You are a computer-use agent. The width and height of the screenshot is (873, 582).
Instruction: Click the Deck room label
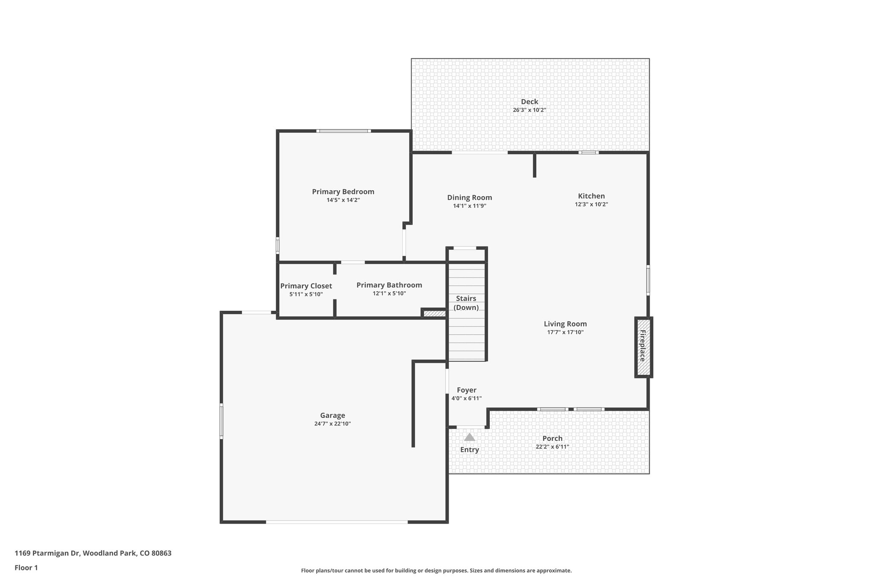(x=529, y=101)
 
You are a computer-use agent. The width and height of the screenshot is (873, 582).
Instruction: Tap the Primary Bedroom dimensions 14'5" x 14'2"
(x=343, y=200)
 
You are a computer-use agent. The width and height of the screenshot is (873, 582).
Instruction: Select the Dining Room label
(x=469, y=197)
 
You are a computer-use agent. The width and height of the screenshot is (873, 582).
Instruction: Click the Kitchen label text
(x=591, y=196)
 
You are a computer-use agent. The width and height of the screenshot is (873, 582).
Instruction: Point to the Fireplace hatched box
(x=643, y=347)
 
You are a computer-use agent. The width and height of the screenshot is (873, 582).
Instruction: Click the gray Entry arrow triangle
(x=469, y=437)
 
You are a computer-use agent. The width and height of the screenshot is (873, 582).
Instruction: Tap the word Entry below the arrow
(x=469, y=450)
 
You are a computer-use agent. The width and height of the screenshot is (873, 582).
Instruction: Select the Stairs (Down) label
(x=466, y=303)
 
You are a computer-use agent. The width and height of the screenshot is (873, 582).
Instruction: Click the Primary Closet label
(x=306, y=286)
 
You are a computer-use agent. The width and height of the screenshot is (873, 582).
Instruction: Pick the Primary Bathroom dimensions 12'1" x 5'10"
(x=389, y=293)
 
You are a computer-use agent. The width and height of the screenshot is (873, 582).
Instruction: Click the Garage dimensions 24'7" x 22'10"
(x=332, y=424)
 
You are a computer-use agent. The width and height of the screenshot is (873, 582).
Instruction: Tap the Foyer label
(x=466, y=390)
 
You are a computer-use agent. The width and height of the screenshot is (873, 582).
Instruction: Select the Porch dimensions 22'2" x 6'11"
(x=552, y=447)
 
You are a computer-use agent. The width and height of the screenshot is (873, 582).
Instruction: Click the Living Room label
(x=565, y=324)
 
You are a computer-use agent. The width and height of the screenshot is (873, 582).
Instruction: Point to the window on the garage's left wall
(x=221, y=421)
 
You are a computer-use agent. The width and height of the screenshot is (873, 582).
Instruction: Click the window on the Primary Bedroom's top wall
(x=344, y=131)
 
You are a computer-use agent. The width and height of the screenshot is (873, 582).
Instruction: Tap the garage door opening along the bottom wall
(x=337, y=521)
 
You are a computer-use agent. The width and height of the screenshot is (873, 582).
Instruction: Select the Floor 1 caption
(x=26, y=568)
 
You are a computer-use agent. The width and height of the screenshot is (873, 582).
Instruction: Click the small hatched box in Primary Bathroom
(x=434, y=313)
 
